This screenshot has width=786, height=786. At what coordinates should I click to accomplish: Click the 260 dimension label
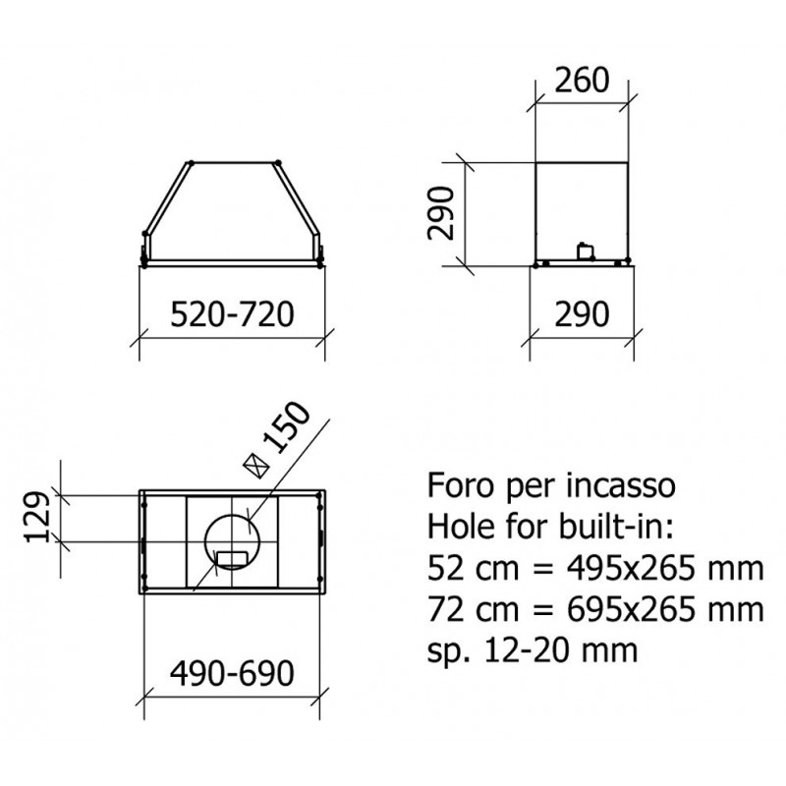[x=582, y=81]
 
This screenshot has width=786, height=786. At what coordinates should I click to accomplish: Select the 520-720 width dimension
[x=232, y=314]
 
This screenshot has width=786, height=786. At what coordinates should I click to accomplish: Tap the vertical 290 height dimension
[x=441, y=213]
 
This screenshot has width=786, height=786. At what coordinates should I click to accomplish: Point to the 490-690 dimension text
[x=232, y=673]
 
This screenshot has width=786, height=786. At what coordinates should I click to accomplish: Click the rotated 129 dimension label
[x=37, y=518]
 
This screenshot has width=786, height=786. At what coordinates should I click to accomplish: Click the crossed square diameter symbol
[x=256, y=466]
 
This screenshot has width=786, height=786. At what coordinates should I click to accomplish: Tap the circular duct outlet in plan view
[x=232, y=541]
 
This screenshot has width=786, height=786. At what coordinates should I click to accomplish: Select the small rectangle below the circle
[x=232, y=557]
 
